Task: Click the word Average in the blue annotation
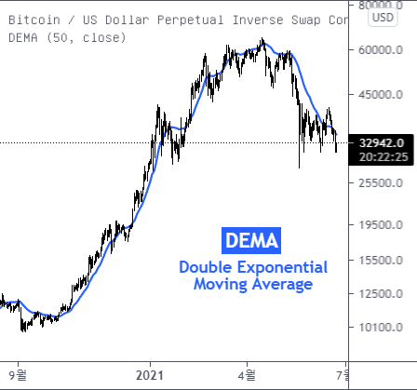point(280,284)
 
